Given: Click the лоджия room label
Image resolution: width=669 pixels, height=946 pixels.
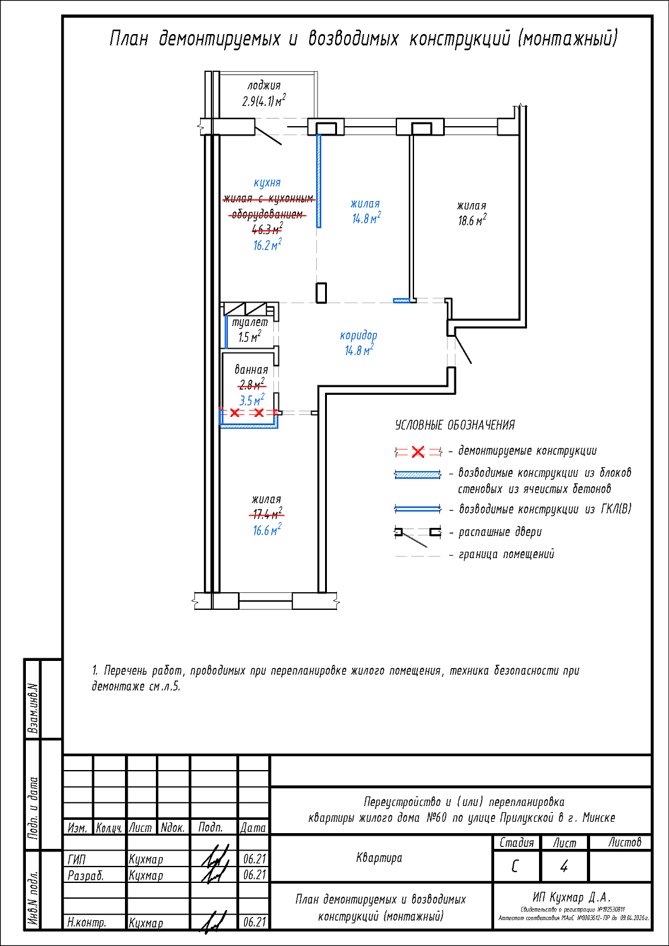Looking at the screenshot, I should tap(264, 86).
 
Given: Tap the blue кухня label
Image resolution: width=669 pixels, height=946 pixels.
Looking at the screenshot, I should tap(267, 183).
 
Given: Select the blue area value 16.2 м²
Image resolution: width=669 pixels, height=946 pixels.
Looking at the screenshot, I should tap(267, 245).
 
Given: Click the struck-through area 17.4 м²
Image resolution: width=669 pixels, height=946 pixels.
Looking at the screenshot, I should tap(267, 514).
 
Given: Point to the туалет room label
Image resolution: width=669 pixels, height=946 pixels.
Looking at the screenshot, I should tap(250, 322).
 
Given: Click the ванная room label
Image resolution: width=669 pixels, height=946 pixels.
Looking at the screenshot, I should tap(251, 370).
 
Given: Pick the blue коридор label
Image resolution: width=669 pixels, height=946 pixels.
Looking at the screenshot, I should tap(358, 336).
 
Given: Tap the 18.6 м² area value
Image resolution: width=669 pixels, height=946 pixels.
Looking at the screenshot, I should tap(472, 221).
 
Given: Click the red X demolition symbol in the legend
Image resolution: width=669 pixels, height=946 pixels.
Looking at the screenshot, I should tap(418, 452).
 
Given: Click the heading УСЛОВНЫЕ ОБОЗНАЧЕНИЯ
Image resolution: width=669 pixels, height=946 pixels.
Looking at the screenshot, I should tap(454, 426).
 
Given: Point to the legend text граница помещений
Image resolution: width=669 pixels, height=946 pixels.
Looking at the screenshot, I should tap(506, 554).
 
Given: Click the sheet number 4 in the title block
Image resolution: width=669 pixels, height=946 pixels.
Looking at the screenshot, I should tap(564, 867).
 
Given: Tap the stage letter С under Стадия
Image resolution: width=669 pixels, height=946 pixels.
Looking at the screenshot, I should tap(515, 867).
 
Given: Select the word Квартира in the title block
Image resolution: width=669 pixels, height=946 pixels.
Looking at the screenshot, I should tap(379, 858).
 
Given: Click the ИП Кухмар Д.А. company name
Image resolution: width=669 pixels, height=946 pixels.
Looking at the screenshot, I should tap(572, 897).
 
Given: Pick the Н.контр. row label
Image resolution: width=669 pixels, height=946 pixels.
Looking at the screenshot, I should tap(87, 923).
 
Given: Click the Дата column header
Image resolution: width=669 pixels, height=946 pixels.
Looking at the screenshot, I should tap(253, 827).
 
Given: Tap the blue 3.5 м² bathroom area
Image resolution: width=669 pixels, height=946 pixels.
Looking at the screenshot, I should tap(251, 400).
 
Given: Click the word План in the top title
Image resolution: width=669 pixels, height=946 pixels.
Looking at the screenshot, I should tap(129, 39).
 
